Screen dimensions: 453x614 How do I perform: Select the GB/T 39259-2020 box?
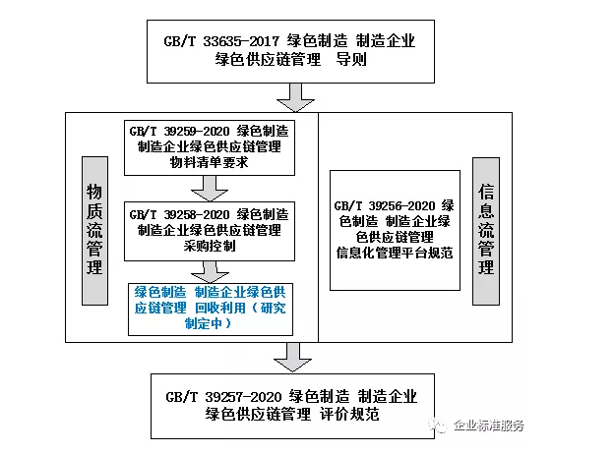click(208, 146)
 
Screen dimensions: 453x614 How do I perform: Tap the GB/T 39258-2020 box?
click(208, 230)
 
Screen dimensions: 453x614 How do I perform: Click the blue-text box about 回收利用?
click(208, 308)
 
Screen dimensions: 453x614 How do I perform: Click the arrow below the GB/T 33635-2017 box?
click(292, 97)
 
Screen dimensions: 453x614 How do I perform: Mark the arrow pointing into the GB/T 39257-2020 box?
click(292, 356)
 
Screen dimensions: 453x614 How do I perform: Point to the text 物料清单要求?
click(208, 162)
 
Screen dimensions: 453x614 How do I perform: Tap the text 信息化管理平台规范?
click(394, 253)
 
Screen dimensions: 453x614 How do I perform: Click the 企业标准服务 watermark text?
click(489, 425)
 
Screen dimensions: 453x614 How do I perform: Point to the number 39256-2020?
click(402, 205)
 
